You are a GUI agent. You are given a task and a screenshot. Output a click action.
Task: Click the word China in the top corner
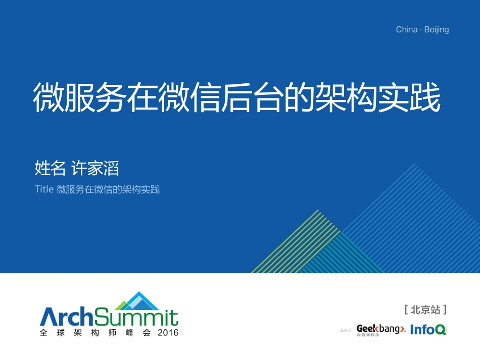pyautogui.click(x=406, y=30)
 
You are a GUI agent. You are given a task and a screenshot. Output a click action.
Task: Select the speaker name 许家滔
pyautogui.click(x=95, y=168)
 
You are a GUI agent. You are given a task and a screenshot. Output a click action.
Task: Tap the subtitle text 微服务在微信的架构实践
pyautogui.click(x=108, y=190)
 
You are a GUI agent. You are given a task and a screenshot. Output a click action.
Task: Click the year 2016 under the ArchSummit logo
pyautogui.click(x=168, y=333)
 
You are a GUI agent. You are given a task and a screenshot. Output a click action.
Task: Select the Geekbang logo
pyautogui.click(x=380, y=329)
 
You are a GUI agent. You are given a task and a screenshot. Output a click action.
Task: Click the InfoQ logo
pyautogui.click(x=428, y=330)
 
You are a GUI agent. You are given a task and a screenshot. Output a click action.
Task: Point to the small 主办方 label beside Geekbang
pyautogui.click(x=346, y=330)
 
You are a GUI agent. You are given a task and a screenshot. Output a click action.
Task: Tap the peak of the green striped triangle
pyautogui.click(x=317, y=210)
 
